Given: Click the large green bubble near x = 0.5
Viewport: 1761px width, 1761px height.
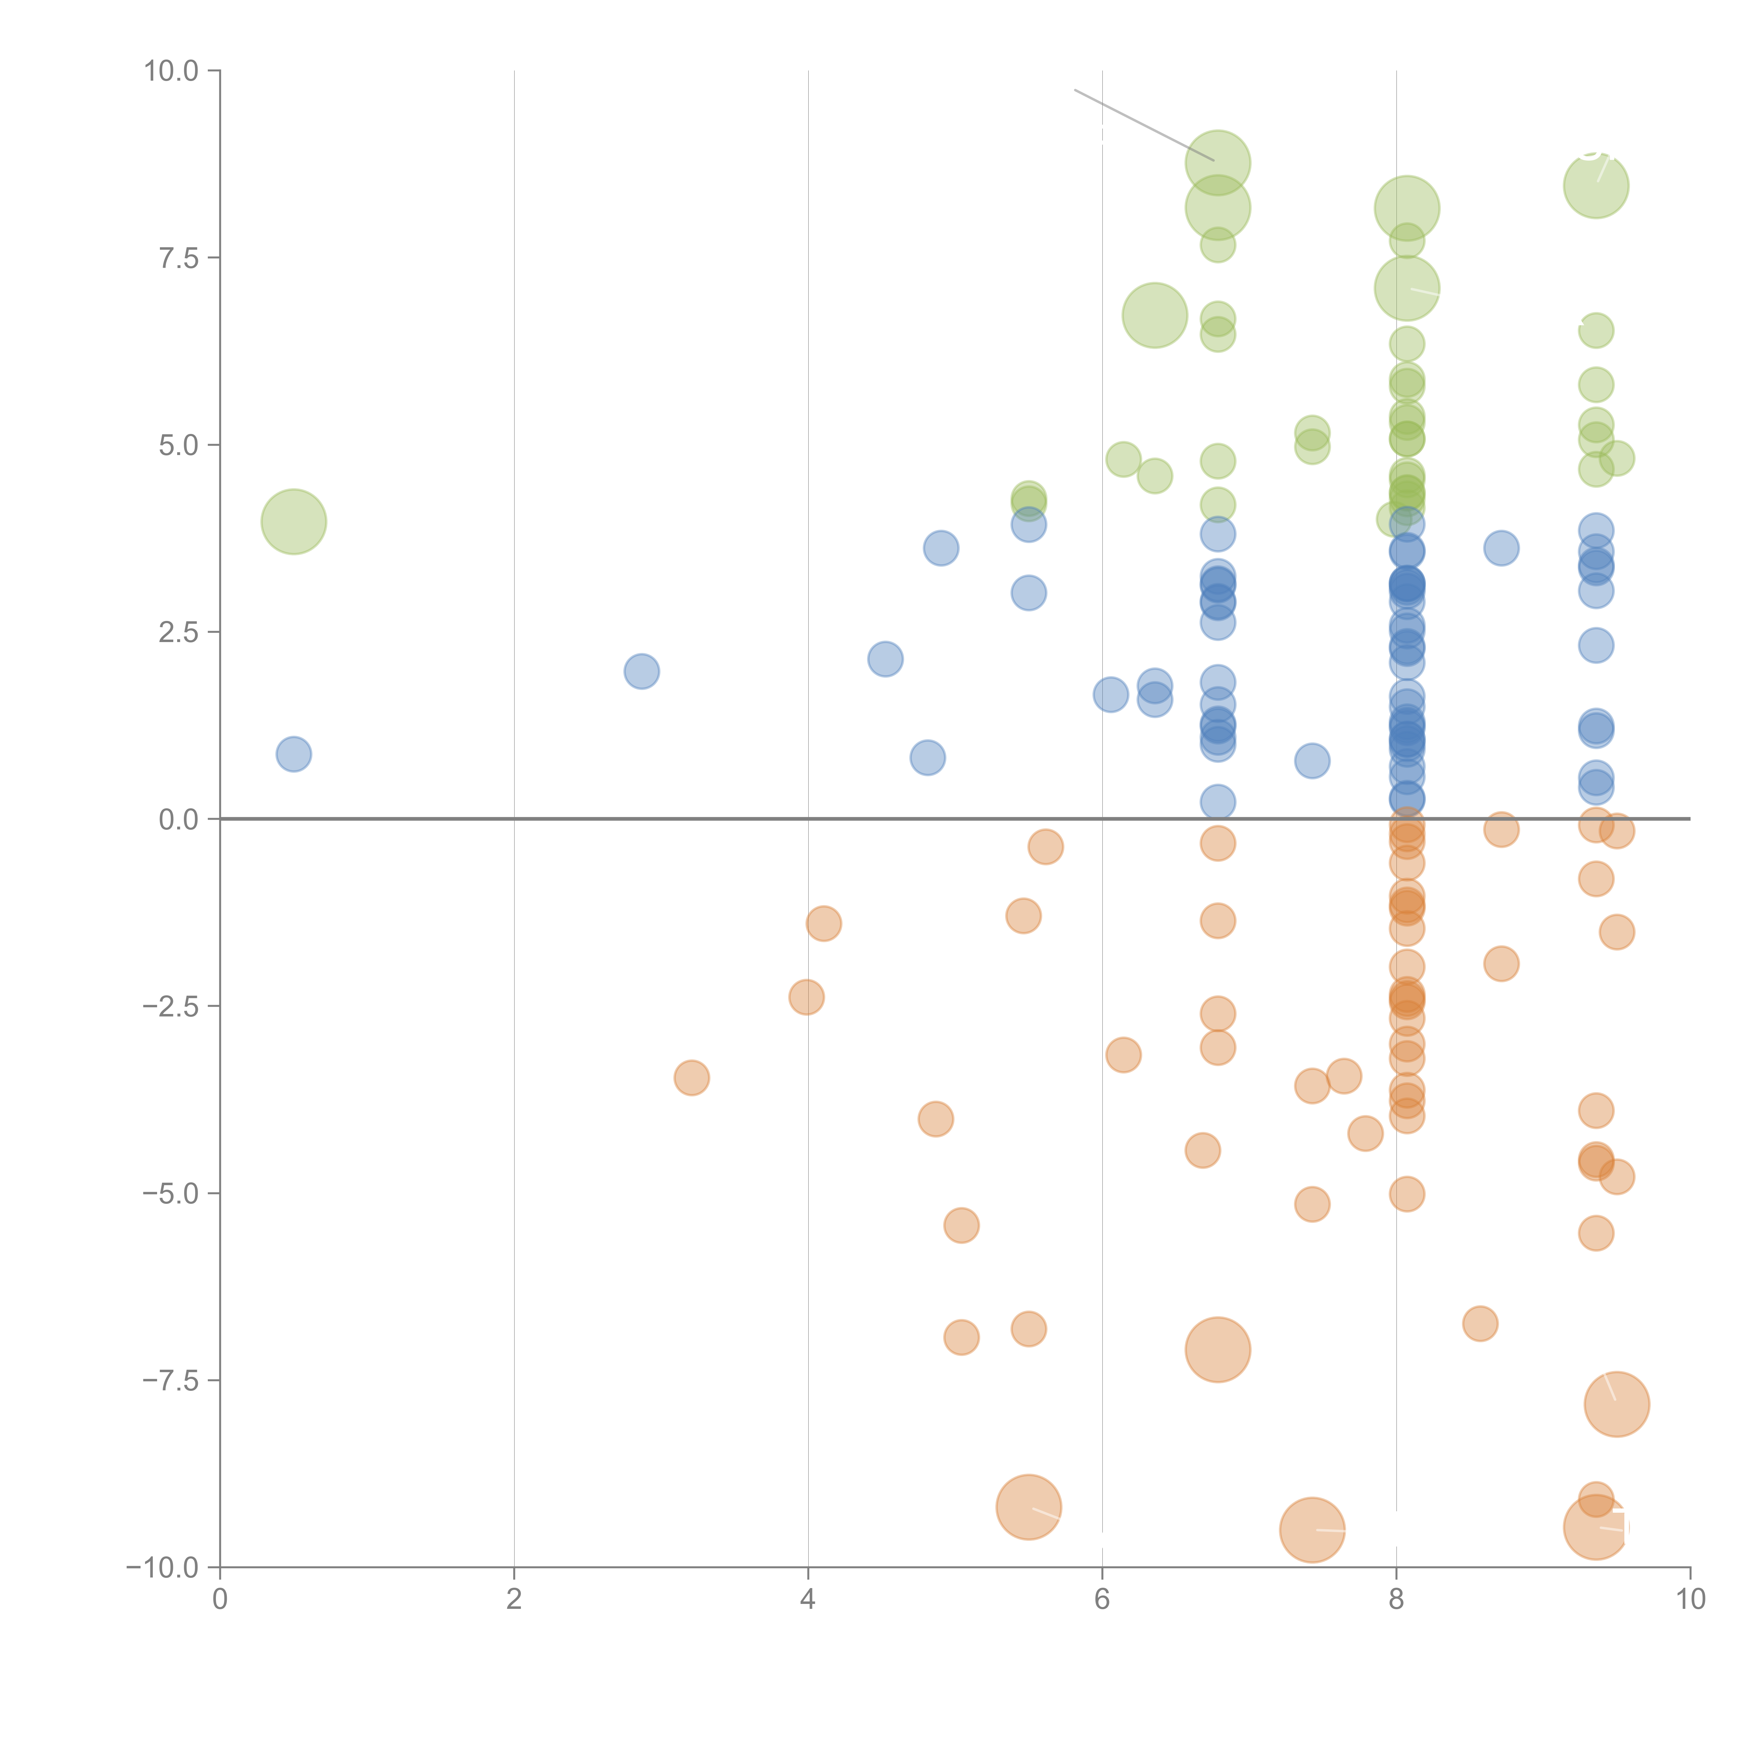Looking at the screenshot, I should point(293,521).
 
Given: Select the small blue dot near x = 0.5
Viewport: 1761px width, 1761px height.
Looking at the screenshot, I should point(293,754).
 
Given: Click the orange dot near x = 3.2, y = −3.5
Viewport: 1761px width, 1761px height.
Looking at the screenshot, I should point(692,1078).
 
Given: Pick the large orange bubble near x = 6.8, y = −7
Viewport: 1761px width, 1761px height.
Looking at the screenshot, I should point(1218,1350).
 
